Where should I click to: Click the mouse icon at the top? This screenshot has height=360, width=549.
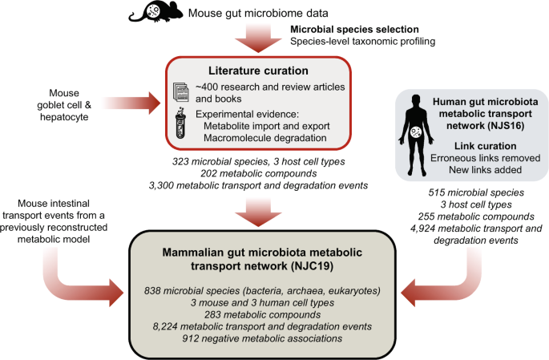pos(155,12)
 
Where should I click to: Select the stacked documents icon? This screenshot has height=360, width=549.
pos(181,91)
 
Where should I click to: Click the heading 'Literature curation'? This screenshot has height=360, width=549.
pos(258,71)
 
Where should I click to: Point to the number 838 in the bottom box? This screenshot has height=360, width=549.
pos(152,291)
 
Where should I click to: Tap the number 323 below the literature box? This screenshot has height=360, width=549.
pos(180,161)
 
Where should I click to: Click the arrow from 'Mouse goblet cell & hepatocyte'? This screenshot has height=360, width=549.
pos(132,103)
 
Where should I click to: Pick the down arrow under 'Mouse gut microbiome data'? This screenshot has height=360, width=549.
pos(258,38)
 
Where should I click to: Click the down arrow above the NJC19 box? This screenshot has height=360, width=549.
pos(258,212)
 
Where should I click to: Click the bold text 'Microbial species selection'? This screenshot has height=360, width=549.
pos(354,30)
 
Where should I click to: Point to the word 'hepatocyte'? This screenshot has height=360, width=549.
pos(64,116)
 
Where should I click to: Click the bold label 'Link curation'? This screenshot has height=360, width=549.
pos(485,146)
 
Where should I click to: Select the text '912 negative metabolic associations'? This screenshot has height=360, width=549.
pos(262,338)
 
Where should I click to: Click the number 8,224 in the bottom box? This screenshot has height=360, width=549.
pos(165,327)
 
